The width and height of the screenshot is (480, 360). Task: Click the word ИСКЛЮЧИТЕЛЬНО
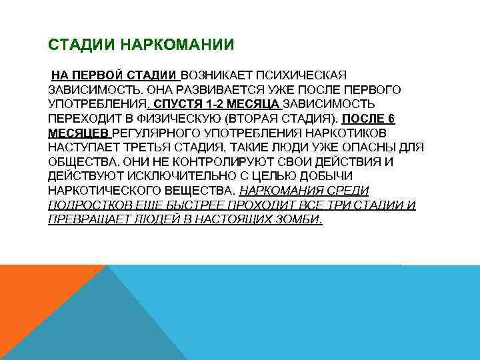point(181,177)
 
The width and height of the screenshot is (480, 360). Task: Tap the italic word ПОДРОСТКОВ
point(89,207)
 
